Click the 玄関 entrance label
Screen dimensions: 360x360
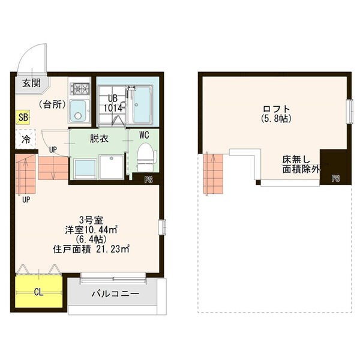click(31, 83)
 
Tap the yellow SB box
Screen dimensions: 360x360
click(23, 118)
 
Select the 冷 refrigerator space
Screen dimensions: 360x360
click(26, 139)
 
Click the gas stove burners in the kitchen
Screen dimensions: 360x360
click(80, 88)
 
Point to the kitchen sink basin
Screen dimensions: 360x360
click(77, 112)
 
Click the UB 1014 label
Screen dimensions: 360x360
click(113, 103)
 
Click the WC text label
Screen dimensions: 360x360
click(144, 135)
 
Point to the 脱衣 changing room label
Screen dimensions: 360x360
click(99, 139)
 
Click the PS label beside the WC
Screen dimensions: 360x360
click(149, 179)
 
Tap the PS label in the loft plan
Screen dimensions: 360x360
click(335, 178)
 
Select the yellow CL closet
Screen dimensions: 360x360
click(39, 291)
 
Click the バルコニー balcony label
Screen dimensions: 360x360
click(115, 294)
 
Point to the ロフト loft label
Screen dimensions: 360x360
click(277, 109)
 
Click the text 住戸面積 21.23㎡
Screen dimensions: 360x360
click(92, 249)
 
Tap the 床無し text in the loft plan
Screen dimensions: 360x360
click(296, 160)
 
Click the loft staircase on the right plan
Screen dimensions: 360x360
click(213, 174)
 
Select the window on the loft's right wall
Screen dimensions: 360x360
click(350, 112)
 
